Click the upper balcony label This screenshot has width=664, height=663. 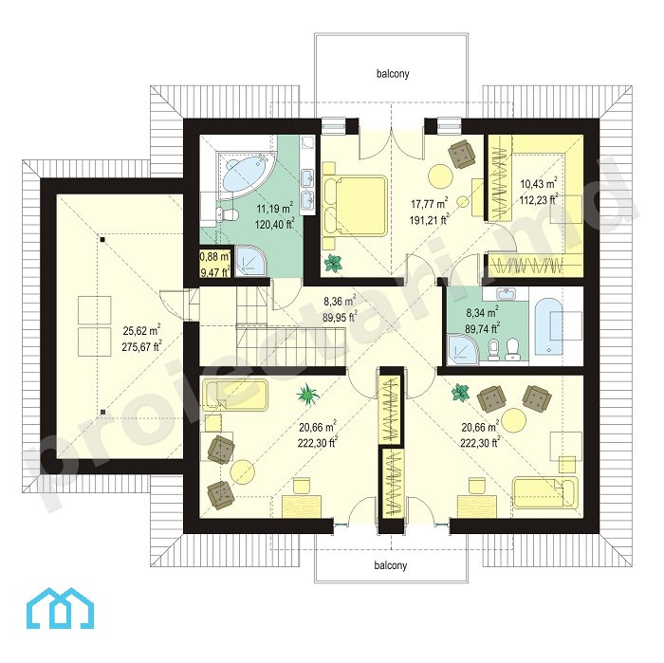click(x=393, y=74)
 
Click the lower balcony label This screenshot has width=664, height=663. click(x=391, y=565)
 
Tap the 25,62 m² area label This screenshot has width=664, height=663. click(x=142, y=338)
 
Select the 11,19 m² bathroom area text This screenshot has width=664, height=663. click(x=275, y=215)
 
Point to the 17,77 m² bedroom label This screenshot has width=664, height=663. click(x=430, y=212)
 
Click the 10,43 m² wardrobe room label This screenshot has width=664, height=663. click(x=539, y=192)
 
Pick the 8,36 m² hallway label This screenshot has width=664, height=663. click(x=340, y=309)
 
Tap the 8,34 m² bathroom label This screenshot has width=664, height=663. click(x=482, y=321)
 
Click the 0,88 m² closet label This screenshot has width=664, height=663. click(x=214, y=265)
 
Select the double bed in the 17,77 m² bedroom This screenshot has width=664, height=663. click(x=355, y=205)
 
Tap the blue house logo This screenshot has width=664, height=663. click(x=60, y=608)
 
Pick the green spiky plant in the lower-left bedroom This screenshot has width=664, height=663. click(x=308, y=395)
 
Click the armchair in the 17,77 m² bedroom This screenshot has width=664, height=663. click(x=461, y=154)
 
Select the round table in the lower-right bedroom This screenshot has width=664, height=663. click(x=513, y=420)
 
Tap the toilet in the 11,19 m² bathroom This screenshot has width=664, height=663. click(x=227, y=214)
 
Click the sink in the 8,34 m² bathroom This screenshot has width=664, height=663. click(x=506, y=292)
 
